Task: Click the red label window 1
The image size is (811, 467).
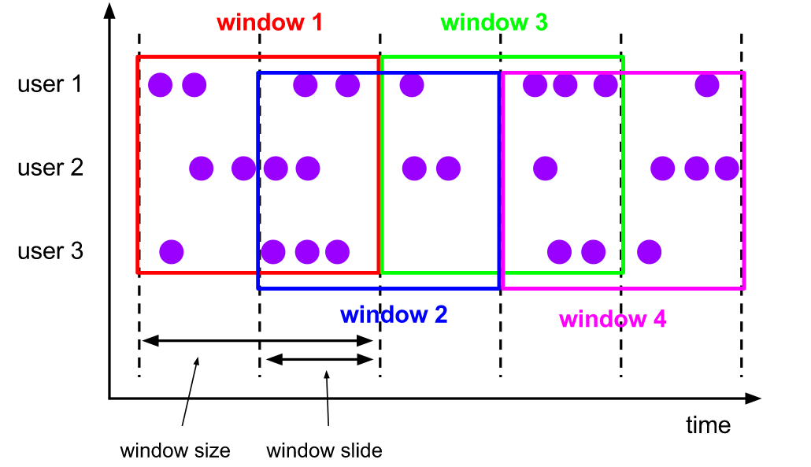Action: coord(269,22)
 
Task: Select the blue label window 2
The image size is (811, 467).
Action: coord(394,314)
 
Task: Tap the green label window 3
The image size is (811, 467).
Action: coord(494,22)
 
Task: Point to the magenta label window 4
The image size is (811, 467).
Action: coord(613,319)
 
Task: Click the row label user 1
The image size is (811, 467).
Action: coord(50,83)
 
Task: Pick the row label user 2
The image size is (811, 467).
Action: coord(50,168)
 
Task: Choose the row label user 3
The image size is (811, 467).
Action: coord(50,251)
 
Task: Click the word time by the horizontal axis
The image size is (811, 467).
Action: coord(708,425)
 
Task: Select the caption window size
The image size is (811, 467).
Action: coord(175,450)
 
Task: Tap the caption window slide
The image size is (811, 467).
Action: coord(324,450)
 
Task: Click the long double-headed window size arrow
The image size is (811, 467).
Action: coord(257,341)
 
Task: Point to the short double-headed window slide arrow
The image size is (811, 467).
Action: coord(319,359)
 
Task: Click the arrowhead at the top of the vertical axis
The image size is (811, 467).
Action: coord(109,10)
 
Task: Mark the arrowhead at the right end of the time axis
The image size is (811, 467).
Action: coord(753,398)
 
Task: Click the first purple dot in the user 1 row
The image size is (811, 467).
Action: coord(161,85)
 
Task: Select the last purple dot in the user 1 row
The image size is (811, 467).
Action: coord(707,85)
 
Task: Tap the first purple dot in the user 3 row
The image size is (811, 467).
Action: coord(171,252)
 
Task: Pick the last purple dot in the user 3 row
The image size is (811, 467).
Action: coord(649,252)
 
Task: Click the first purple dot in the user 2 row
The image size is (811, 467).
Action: coord(202,168)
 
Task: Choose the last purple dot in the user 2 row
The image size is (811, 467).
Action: coord(727,168)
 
